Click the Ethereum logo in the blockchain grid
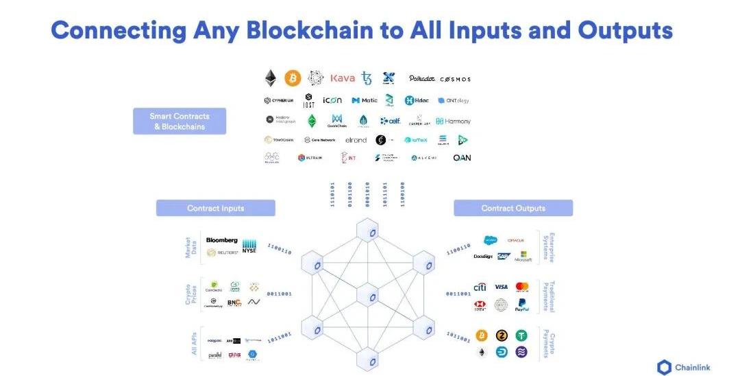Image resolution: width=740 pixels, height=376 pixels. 270,78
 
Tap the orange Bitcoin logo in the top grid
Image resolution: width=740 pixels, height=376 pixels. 293,78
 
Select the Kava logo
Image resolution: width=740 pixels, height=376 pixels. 342,79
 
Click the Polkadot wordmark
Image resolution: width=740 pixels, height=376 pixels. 421,79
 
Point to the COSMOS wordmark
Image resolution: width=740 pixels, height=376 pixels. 455,80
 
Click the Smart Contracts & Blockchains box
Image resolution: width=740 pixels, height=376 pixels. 180,121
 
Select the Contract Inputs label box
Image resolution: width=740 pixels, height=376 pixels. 215,208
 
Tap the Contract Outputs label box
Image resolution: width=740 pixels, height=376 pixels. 513,208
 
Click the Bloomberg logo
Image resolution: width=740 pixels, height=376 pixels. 221,240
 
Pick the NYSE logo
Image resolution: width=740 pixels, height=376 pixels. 249,246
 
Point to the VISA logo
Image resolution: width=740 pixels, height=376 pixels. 501,287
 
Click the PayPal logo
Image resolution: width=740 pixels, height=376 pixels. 522,304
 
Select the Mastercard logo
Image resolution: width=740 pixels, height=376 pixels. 522,287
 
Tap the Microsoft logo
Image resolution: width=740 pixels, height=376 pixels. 523,256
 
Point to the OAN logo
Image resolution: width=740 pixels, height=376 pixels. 462,158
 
